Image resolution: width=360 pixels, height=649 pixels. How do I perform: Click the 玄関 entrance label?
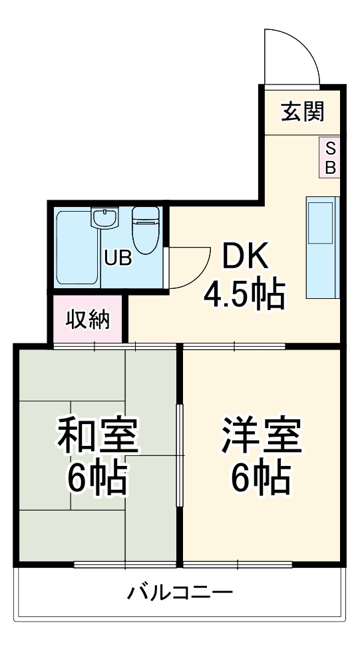click(302, 112)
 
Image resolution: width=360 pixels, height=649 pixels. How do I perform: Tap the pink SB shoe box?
click(330, 157)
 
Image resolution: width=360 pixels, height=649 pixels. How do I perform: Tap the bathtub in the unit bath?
click(77, 248)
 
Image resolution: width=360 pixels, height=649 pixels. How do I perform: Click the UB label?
click(117, 258)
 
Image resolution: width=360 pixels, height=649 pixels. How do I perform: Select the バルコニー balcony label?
click(180, 592)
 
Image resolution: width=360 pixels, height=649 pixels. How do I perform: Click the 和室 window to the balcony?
click(125, 565)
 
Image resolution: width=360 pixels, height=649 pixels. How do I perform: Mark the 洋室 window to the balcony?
click(238, 565)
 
